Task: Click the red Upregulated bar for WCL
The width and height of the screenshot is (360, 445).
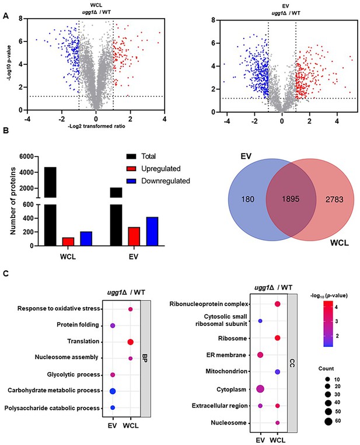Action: point(68,242)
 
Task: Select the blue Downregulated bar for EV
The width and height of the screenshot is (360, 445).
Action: point(152,231)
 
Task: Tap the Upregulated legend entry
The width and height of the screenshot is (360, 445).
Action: point(153,169)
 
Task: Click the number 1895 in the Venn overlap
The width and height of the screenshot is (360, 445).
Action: point(291,199)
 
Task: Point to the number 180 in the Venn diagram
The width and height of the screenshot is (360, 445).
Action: point(248,199)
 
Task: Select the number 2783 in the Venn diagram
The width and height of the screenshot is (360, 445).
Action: point(334,200)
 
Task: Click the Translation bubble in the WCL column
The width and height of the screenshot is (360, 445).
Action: point(130,342)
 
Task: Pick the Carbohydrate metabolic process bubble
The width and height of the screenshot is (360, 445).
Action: point(113,391)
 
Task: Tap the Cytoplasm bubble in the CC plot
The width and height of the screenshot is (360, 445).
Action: point(260,389)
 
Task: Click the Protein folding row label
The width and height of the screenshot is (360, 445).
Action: point(78,325)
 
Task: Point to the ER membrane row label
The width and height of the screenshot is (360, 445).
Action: point(226,355)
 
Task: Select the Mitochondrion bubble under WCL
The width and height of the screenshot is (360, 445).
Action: point(278,372)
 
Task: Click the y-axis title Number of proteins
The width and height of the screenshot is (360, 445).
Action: point(13,201)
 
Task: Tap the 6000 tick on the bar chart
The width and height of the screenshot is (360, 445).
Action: point(26,157)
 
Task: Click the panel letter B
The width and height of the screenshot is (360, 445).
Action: point(6,131)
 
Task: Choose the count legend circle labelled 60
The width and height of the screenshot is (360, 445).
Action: point(328,421)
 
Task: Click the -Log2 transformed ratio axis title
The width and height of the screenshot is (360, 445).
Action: point(96,126)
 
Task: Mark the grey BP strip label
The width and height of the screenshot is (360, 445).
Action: point(145,359)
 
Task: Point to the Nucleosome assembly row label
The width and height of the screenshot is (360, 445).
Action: point(67,357)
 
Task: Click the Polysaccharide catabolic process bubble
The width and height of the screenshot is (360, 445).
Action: point(113,408)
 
